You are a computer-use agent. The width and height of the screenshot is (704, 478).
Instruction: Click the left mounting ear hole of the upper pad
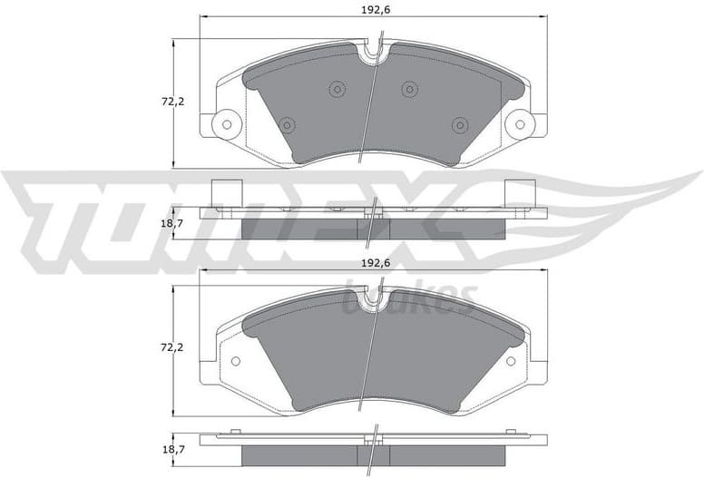pyautogui.click(x=226, y=122)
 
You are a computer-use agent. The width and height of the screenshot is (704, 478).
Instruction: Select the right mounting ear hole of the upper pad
pyautogui.click(x=520, y=122)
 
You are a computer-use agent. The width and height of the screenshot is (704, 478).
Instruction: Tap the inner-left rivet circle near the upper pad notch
pyautogui.click(x=337, y=89)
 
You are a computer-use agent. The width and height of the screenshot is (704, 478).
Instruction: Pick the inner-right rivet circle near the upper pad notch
pyautogui.click(x=409, y=89)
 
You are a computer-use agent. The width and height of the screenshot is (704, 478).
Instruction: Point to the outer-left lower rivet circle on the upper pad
pyautogui.click(x=287, y=124)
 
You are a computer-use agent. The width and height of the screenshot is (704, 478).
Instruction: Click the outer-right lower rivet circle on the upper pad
pyautogui.click(x=459, y=124)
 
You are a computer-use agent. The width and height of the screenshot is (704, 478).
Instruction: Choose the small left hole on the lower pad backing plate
pyautogui.click(x=236, y=361)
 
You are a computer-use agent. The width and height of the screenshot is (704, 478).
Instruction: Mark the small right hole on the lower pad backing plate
pyautogui.click(x=511, y=361)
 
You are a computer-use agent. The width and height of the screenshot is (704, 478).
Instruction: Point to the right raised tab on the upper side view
pyautogui.click(x=520, y=193)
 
